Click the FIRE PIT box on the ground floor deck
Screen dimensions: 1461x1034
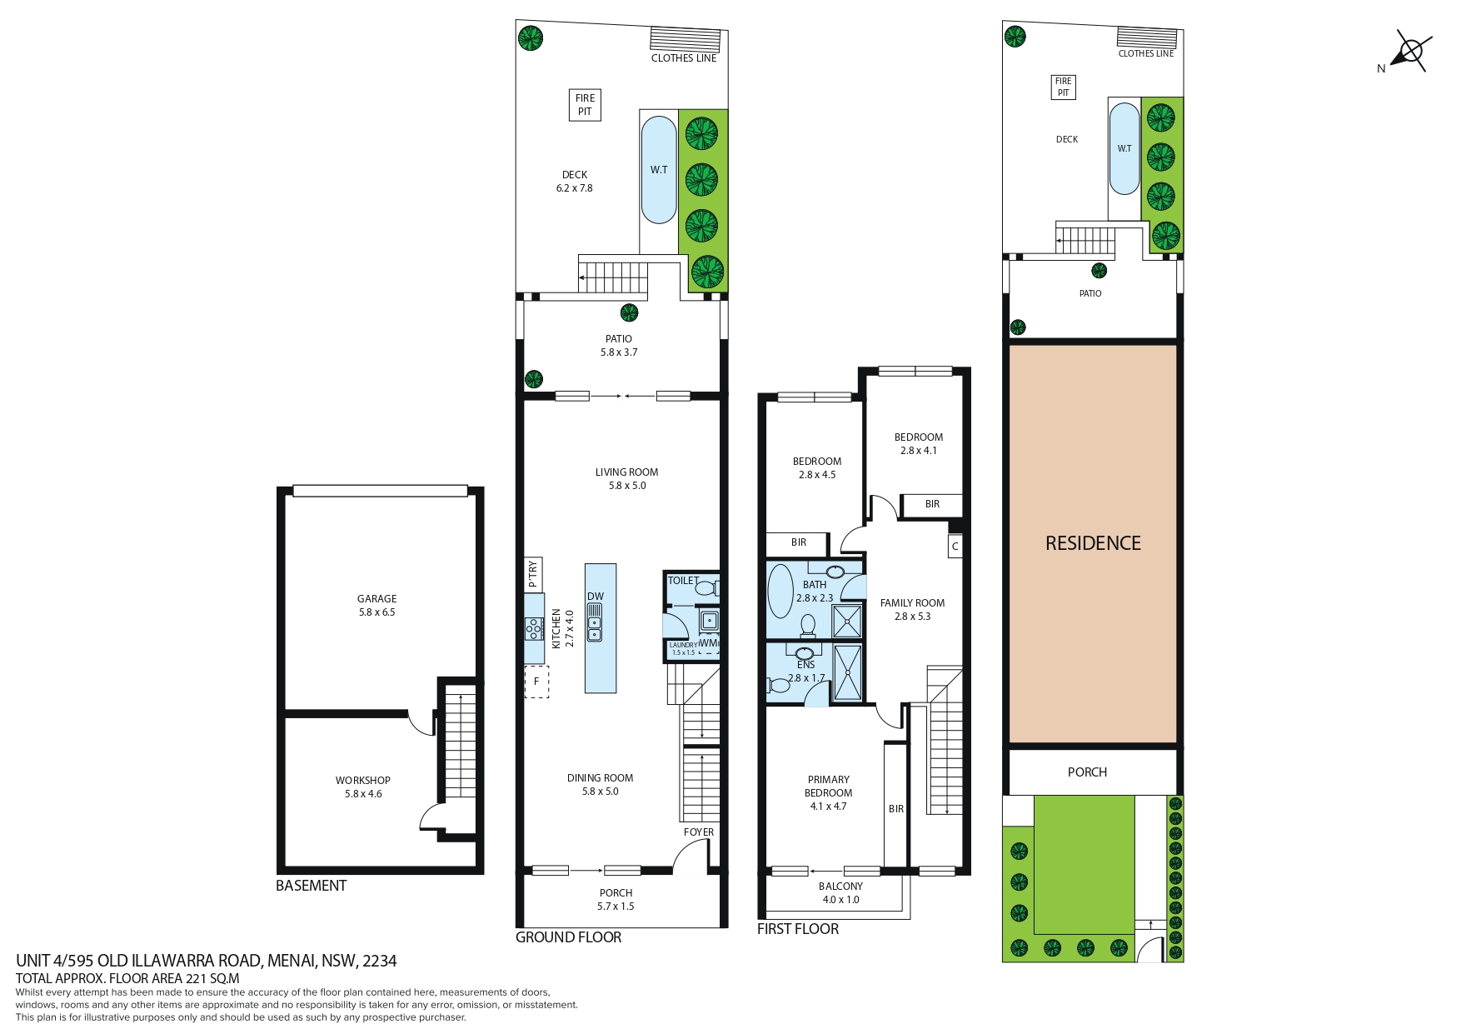click(585, 105)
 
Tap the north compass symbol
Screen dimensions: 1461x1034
click(1410, 52)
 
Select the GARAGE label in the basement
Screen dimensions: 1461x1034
click(376, 598)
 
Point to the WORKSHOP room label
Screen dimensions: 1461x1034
click(363, 780)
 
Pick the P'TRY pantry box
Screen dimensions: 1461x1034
click(533, 574)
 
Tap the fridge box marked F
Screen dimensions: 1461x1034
click(536, 682)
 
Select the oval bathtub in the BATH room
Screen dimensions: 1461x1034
click(780, 592)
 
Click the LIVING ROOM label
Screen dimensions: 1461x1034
click(626, 472)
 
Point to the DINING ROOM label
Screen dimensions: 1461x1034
click(600, 778)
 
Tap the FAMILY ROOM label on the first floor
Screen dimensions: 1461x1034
click(912, 603)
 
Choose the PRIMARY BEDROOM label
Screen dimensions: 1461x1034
click(829, 787)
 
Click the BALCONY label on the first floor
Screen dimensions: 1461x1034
click(840, 887)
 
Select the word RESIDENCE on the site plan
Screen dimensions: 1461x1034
click(1093, 543)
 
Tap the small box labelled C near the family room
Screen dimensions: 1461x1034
click(955, 546)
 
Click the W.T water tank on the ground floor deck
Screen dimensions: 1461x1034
click(658, 170)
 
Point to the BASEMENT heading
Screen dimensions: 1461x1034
click(311, 886)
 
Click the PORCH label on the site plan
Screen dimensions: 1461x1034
click(1087, 772)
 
